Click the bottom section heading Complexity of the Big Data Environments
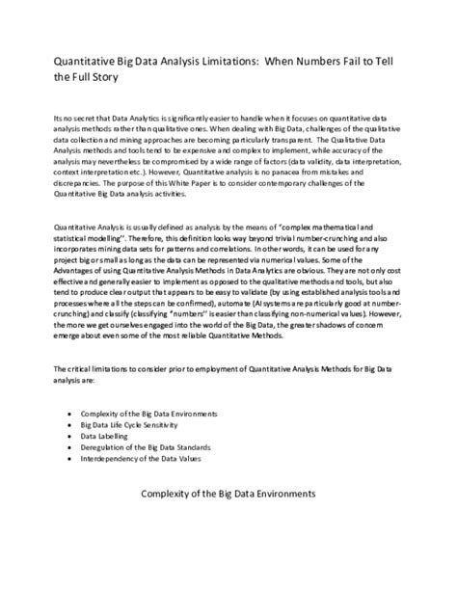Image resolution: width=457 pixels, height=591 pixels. (x=228, y=494)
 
